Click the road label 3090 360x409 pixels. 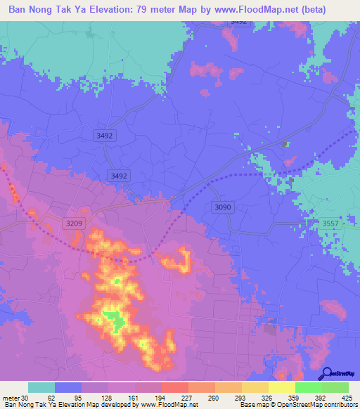(x=221, y=207)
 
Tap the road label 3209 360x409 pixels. (x=74, y=223)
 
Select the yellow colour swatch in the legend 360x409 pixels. (x=281, y=387)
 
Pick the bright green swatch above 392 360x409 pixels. (x=308, y=387)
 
